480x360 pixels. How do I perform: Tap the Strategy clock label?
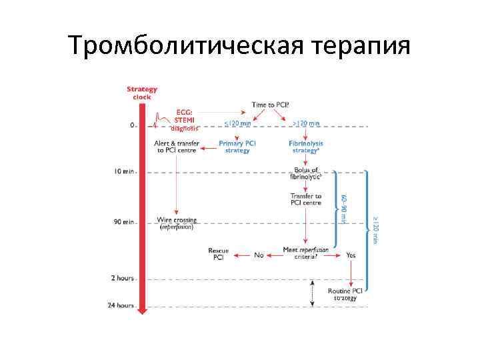coord(142,93)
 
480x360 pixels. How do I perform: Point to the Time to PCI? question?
coord(270,105)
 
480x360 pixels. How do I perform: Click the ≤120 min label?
coord(237,123)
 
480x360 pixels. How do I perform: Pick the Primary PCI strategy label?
coord(237,147)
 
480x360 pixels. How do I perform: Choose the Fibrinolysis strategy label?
coord(305,147)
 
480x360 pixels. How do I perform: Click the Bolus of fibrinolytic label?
coord(306,173)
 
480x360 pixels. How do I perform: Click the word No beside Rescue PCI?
coord(259,254)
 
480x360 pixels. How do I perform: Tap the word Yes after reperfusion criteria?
coord(351,254)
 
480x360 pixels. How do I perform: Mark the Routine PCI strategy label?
coord(345,295)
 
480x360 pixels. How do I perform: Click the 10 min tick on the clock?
coord(123,172)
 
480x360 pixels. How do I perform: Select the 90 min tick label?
coord(123,222)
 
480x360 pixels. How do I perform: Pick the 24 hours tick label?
coord(121,305)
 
